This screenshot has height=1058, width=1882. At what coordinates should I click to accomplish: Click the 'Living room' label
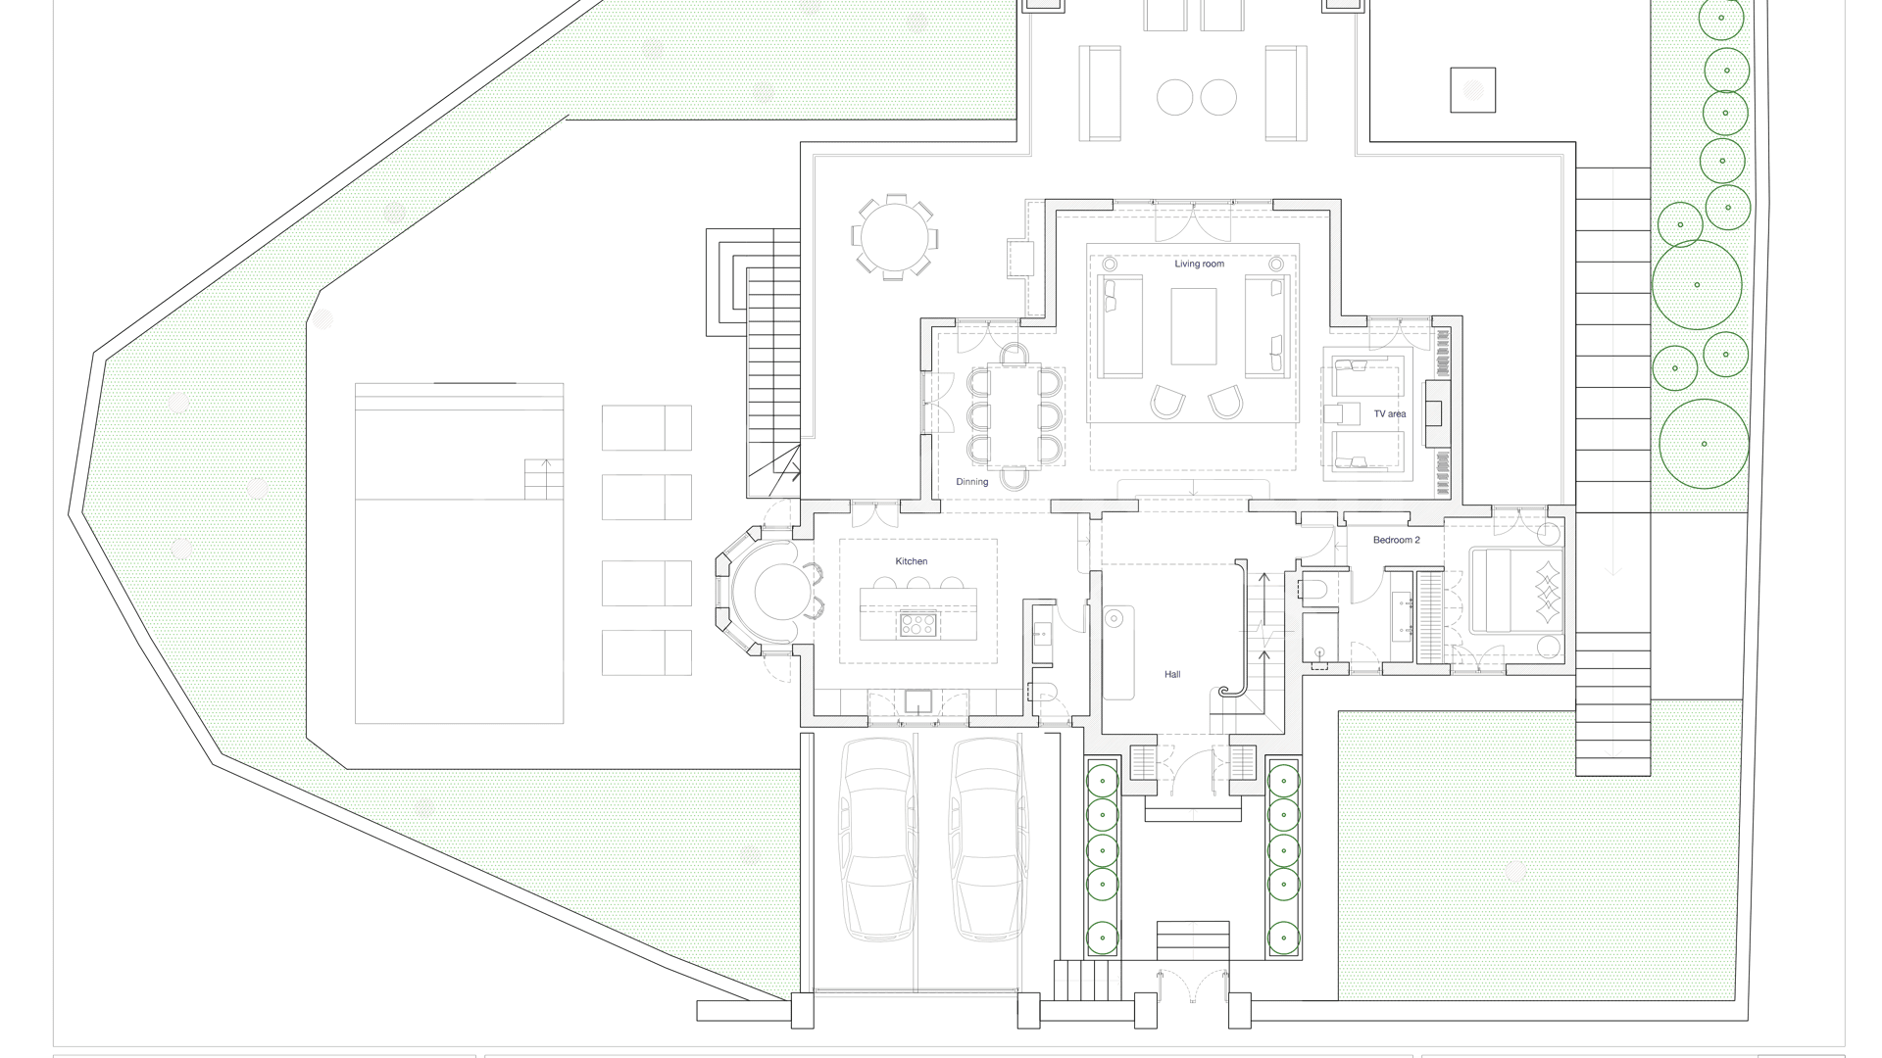coord(1199,264)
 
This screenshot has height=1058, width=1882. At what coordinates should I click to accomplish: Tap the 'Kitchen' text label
coord(911,561)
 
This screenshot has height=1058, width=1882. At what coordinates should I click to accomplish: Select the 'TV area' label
coord(1389,414)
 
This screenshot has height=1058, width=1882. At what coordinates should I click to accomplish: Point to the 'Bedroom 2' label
coord(1396,541)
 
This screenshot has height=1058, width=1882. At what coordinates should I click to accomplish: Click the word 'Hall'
coord(1172,675)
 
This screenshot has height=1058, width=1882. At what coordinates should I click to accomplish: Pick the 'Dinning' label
coord(972,482)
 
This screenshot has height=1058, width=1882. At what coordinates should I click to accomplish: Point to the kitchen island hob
coord(918,624)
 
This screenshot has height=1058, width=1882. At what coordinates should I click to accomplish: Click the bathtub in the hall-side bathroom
coord(1118,652)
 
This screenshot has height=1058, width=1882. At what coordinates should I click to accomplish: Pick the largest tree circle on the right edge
coord(1704,444)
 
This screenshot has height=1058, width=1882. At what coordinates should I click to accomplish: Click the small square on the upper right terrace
coord(1473,90)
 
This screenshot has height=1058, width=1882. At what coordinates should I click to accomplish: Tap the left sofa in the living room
coord(1119,326)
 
